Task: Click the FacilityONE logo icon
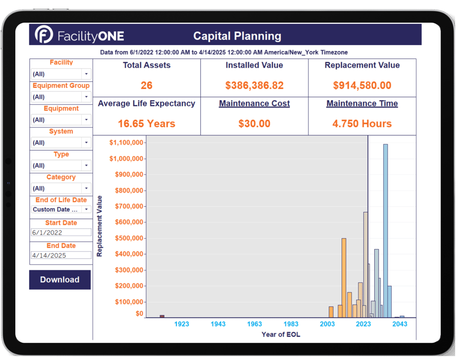[44, 35]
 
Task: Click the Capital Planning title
[237, 36]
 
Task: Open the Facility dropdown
[61, 74]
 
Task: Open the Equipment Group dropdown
[61, 97]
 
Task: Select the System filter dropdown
[61, 143]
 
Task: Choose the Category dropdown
[61, 188]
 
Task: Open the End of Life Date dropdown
[61, 209]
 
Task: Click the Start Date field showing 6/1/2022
[61, 232]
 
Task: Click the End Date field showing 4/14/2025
[61, 256]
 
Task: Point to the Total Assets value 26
[147, 85]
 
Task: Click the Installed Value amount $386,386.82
[254, 85]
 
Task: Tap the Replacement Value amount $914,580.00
[362, 85]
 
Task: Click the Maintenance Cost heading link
[254, 103]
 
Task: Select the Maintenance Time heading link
[362, 103]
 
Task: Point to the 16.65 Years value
[147, 124]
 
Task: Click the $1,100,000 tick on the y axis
[126, 143]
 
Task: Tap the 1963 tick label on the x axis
[254, 324]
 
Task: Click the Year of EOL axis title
[281, 334]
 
